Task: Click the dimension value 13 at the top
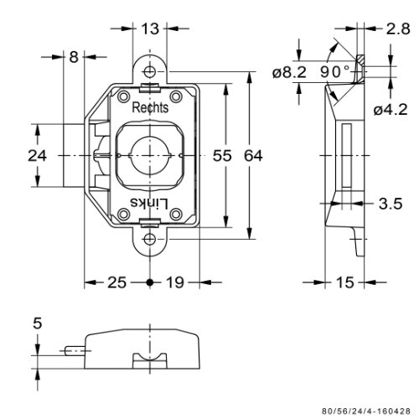(x=150, y=28)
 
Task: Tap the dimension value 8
(x=74, y=57)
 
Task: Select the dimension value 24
(x=37, y=156)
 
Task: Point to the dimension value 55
(x=222, y=156)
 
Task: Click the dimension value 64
(x=253, y=156)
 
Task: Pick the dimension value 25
(x=117, y=282)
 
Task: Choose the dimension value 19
(x=175, y=282)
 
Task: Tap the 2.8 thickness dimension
(x=398, y=28)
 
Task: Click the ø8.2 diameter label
(x=289, y=72)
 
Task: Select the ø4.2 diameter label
(x=391, y=110)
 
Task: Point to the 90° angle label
(x=335, y=72)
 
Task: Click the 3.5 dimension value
(x=391, y=204)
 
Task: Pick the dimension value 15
(x=345, y=282)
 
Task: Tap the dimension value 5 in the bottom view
(x=37, y=323)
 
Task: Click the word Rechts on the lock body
(x=150, y=107)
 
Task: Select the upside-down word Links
(x=150, y=204)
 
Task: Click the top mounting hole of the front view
(x=150, y=71)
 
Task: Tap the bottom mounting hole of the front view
(x=150, y=239)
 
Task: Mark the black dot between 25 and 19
(x=150, y=282)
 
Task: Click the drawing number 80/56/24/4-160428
(x=366, y=411)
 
